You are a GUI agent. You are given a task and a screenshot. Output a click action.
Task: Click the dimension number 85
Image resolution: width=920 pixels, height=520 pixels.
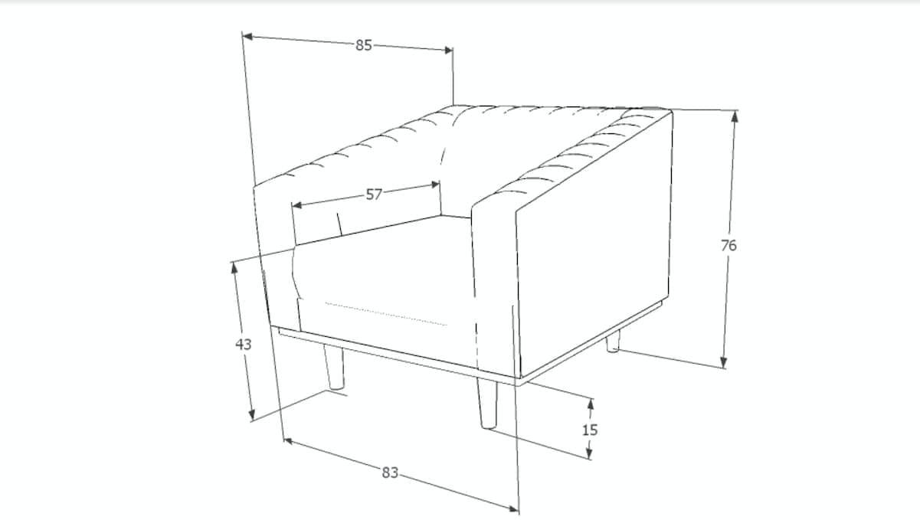click(x=364, y=45)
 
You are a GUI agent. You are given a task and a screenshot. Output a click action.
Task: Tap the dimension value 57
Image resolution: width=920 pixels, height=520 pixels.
click(x=374, y=195)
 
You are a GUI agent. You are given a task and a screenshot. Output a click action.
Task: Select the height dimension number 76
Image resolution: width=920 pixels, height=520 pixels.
click(x=729, y=246)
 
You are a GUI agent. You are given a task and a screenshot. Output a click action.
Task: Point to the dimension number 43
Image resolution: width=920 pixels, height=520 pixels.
click(x=243, y=344)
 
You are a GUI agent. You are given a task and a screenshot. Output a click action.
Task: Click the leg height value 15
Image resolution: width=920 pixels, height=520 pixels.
click(x=590, y=430)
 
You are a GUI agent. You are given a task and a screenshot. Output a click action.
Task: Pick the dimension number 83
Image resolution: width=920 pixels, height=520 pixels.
click(x=390, y=473)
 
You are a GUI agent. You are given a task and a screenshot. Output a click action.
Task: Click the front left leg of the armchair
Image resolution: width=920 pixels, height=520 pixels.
click(x=334, y=367)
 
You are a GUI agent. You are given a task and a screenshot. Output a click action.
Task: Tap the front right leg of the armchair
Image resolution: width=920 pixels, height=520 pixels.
click(x=487, y=404)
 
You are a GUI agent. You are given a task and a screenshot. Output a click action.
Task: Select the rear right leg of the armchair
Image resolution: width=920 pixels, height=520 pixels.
click(x=613, y=342)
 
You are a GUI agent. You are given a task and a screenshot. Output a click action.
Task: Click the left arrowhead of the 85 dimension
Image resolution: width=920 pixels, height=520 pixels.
click(x=247, y=37)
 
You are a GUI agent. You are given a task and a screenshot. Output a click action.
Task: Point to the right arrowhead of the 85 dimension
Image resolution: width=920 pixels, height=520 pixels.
click(x=448, y=50)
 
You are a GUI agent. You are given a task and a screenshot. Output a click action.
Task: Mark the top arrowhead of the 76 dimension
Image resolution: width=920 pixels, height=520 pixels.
click(x=735, y=116)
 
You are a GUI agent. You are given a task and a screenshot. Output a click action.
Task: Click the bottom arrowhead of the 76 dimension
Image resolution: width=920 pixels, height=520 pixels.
click(x=724, y=362)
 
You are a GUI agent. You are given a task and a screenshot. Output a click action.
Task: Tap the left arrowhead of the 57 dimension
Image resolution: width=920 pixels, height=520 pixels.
click(x=296, y=204)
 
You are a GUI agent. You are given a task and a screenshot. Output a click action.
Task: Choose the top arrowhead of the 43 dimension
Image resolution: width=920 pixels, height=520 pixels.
click(x=234, y=268)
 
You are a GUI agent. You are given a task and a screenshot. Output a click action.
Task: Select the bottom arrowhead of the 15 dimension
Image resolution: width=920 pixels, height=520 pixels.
click(x=589, y=453)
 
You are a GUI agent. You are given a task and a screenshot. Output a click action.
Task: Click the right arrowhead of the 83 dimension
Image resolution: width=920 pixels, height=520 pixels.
click(x=513, y=509)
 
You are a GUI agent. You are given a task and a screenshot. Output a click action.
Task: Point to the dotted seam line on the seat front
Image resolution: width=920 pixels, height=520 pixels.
click(x=386, y=314)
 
